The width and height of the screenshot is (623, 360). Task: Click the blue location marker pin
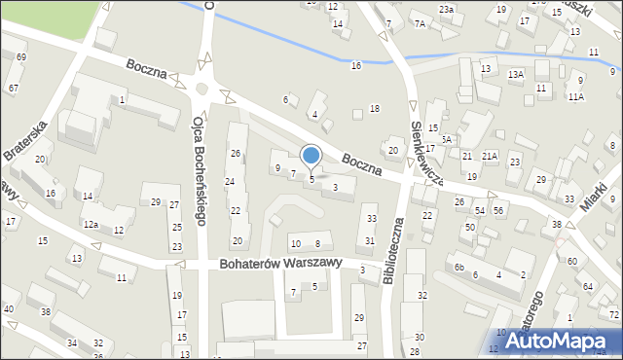311,156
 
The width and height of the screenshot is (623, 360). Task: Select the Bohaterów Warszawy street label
275,264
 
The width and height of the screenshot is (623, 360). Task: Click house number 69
21,57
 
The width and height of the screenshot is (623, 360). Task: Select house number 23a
446,10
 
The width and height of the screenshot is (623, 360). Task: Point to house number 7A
420,23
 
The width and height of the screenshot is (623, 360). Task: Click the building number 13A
515,74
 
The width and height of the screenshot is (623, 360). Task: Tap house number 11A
576,97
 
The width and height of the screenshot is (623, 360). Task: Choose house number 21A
490,156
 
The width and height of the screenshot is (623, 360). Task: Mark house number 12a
91,225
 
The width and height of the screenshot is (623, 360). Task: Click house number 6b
459,268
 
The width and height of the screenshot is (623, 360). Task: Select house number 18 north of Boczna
374,108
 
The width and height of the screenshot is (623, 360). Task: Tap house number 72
614,314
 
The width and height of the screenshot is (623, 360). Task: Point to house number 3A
446,139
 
